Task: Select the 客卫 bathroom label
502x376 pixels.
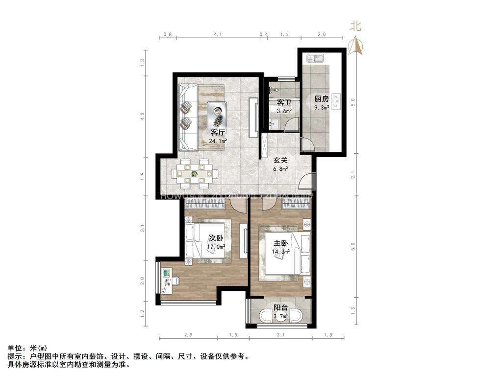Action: coord(284,103)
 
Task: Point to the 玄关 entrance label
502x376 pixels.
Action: coord(280,160)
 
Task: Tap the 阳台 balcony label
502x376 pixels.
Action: coord(280,308)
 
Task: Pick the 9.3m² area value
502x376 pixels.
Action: coord(322,107)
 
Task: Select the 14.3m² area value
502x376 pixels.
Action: coord(281,252)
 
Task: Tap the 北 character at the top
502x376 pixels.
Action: coord(356,27)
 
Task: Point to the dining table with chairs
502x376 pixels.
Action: coord(195,173)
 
